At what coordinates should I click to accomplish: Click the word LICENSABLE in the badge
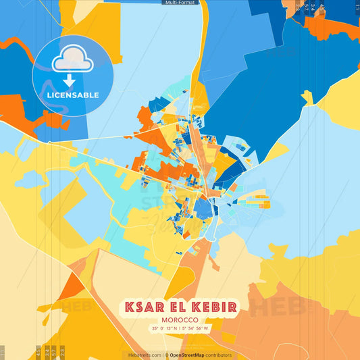click(x=72, y=95)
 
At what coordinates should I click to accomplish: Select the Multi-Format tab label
click(x=180, y=3)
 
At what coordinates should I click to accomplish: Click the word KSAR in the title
click(x=144, y=307)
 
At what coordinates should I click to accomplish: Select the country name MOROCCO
click(x=180, y=320)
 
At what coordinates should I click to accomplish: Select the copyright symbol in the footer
click(x=166, y=355)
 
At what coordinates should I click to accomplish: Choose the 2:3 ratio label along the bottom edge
click(x=62, y=351)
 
